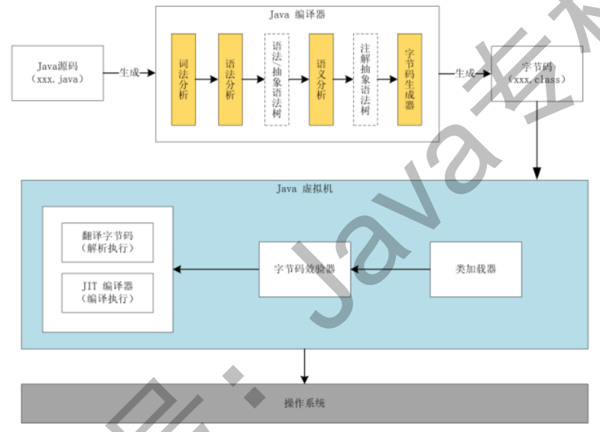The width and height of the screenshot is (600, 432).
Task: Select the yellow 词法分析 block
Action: tap(183, 79)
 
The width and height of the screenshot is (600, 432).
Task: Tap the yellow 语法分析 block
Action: tap(230, 79)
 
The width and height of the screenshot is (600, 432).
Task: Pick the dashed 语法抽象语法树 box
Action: tap(277, 79)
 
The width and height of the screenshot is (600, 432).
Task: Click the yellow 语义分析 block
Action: tap(321, 79)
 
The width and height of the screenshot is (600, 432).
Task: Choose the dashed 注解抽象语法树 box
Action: tap(365, 79)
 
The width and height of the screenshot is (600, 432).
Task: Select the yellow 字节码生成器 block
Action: tap(410, 79)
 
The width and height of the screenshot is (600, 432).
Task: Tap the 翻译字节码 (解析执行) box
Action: tap(107, 243)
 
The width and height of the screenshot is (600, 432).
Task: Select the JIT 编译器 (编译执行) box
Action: tap(107, 291)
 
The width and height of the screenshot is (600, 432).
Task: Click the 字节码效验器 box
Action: tap(304, 269)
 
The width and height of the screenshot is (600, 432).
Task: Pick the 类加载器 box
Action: tap(475, 269)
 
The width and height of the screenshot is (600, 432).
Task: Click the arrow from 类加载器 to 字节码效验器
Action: tap(390, 269)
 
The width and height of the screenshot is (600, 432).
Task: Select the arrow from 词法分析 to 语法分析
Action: tap(206, 79)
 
